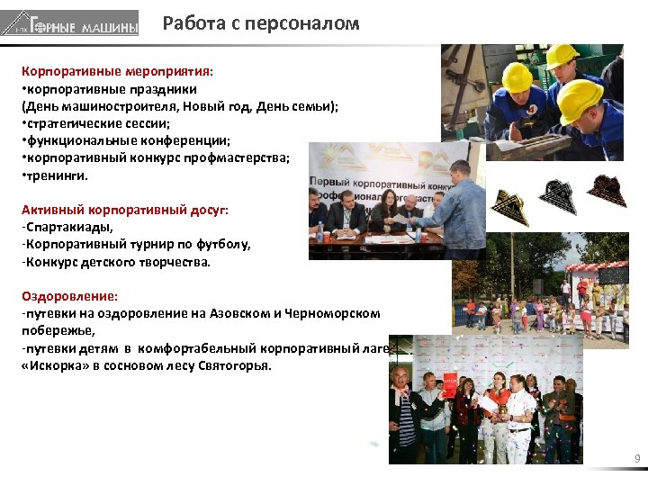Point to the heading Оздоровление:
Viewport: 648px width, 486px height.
pos(69,295)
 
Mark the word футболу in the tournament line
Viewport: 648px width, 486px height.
pos(220,244)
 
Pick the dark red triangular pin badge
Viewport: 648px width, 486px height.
pos(606,189)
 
